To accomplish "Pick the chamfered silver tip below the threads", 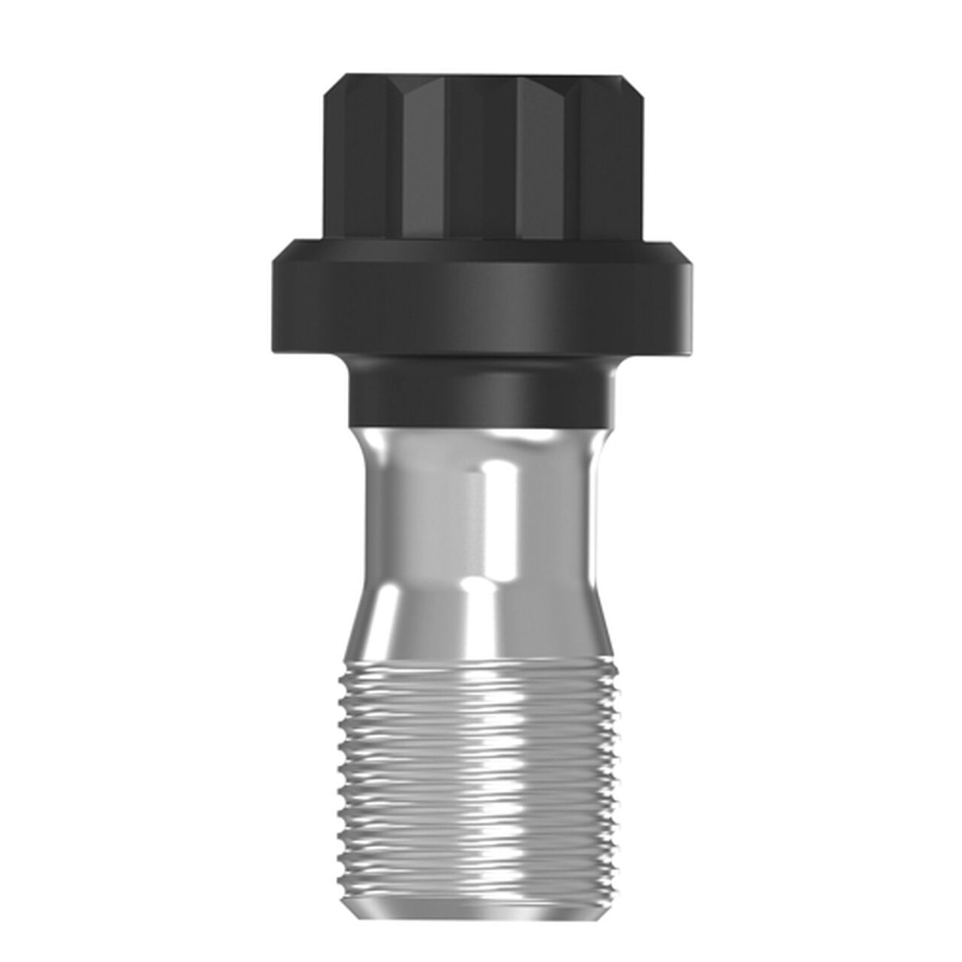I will (x=481, y=894).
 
